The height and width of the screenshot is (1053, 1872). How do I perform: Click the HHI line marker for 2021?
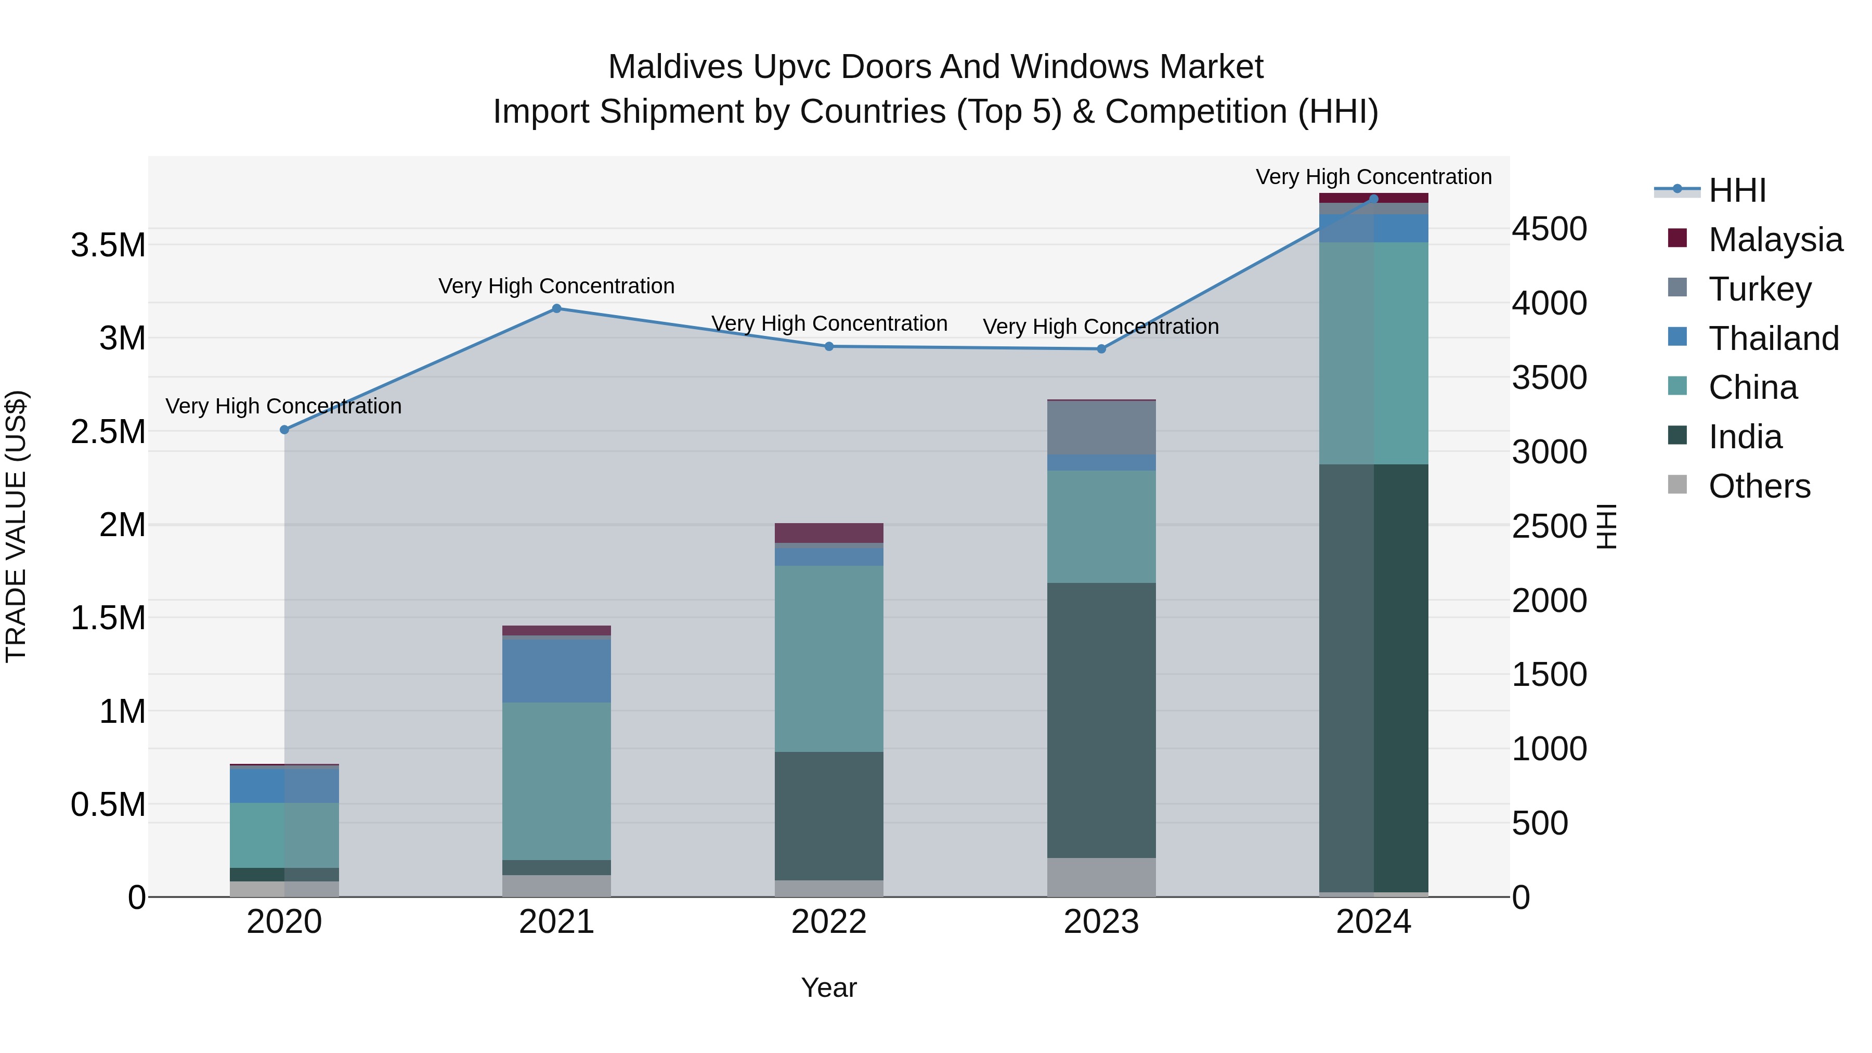point(556,308)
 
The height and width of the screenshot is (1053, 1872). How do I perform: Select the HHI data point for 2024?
point(1373,199)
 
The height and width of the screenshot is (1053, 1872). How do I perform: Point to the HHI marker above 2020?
point(284,430)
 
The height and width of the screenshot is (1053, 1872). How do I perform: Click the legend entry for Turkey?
point(1759,289)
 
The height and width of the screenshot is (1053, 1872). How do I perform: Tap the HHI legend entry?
point(1737,190)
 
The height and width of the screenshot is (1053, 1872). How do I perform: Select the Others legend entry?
point(1759,486)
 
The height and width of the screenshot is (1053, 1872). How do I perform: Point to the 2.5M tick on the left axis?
point(108,432)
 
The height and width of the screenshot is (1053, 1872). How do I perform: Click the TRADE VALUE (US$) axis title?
point(16,526)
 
